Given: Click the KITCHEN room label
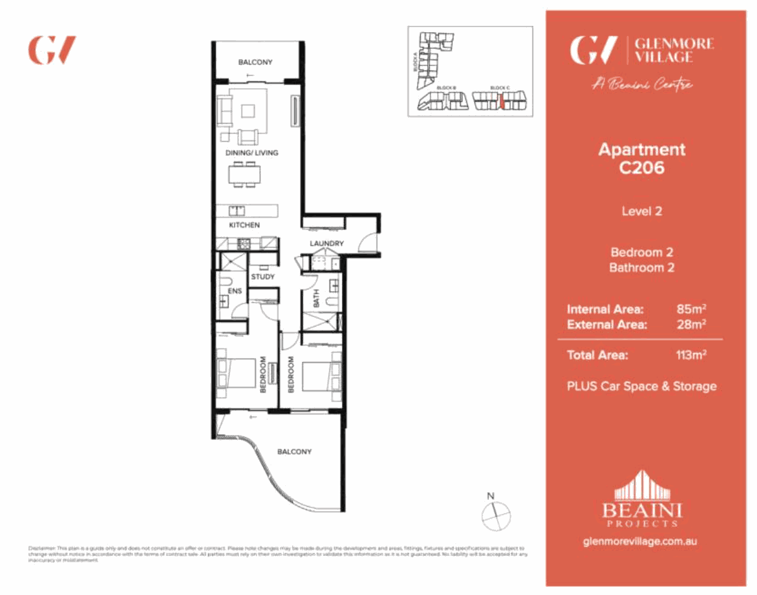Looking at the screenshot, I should [x=244, y=225].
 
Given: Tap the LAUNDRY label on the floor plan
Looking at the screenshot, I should [x=327, y=244].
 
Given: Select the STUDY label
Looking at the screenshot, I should [x=262, y=277].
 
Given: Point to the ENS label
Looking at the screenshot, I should [x=235, y=291].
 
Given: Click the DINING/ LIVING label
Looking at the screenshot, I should [x=252, y=153].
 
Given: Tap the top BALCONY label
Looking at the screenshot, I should [x=255, y=62].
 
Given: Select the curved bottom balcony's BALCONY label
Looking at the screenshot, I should [x=295, y=452].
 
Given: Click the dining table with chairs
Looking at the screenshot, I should [x=244, y=174].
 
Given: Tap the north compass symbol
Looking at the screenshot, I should [x=495, y=514].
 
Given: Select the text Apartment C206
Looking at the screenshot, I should [x=642, y=159].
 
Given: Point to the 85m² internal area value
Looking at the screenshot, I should [x=690, y=309].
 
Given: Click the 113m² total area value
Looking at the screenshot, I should [x=690, y=355].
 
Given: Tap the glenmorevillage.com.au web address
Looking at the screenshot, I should [x=642, y=541].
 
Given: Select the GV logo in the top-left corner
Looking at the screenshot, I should [x=52, y=50].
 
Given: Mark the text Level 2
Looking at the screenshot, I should [x=642, y=212].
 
